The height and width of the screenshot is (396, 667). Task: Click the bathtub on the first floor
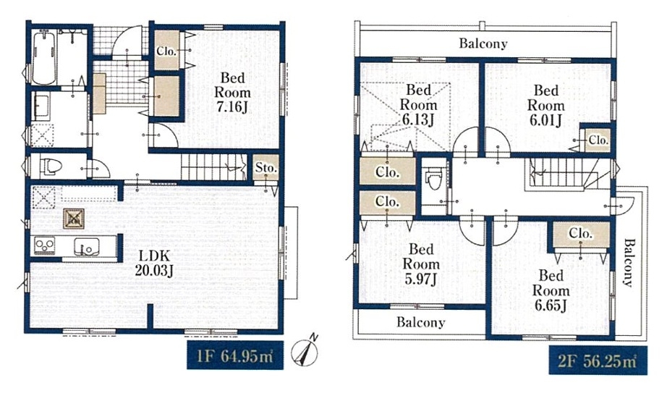(44, 57)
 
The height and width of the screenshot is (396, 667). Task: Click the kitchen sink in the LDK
(87, 246)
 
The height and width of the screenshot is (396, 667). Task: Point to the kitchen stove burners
(45, 245)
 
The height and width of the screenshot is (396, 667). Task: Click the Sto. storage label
(266, 168)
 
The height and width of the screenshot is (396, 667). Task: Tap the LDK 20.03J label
(153, 263)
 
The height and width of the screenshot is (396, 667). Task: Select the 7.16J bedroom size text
(232, 106)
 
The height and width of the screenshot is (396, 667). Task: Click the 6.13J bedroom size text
(417, 119)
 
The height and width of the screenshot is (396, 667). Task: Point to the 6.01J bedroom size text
(545, 120)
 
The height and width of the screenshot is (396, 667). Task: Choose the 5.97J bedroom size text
(421, 279)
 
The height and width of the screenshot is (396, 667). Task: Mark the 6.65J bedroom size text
(551, 306)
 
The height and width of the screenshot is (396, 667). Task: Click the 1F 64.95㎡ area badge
(235, 355)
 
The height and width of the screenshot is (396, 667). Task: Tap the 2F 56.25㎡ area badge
(598, 361)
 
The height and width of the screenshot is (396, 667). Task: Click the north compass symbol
(305, 352)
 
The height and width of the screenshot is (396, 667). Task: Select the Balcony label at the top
(483, 43)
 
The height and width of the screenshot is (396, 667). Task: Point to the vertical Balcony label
(629, 263)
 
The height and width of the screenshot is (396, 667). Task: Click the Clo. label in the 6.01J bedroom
(598, 140)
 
